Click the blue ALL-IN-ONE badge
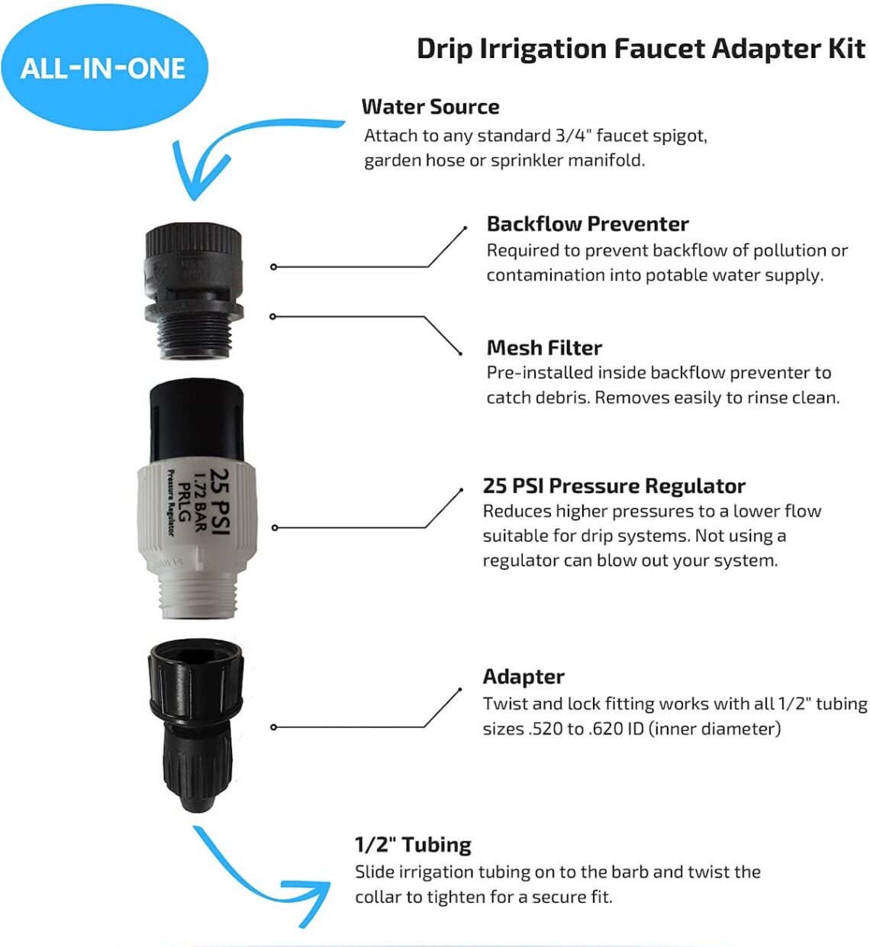point(103,69)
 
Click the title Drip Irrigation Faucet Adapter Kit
point(640,49)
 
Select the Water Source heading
point(430,107)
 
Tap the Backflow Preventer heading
point(588,224)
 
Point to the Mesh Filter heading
point(544,348)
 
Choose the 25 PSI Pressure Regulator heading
point(614,486)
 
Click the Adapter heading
point(524,677)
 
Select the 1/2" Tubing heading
point(413,845)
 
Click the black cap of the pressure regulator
point(196,420)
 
